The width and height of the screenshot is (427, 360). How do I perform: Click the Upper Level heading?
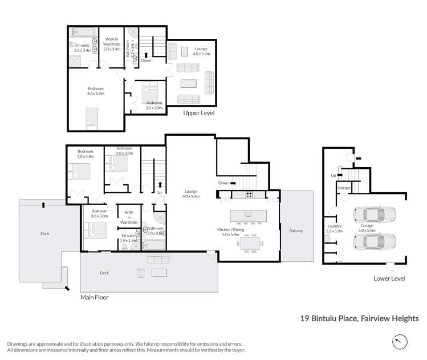click(x=198, y=114)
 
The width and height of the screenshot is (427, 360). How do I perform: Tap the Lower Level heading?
click(x=389, y=278)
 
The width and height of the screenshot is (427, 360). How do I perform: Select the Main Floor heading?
click(x=94, y=297)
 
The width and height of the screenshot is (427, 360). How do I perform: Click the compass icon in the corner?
click(x=401, y=342)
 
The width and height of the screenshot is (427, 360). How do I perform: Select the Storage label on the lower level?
click(x=343, y=187)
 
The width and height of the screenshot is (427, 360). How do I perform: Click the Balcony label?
click(x=296, y=230)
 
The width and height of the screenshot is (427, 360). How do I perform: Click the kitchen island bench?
click(x=248, y=215)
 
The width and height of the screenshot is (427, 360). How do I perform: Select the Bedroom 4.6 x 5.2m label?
click(x=96, y=91)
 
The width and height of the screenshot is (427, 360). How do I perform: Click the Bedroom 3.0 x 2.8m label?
click(x=154, y=105)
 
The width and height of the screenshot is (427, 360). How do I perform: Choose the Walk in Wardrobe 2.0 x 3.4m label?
click(x=111, y=44)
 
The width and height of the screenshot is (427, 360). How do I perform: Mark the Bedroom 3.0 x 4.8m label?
click(x=85, y=153)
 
